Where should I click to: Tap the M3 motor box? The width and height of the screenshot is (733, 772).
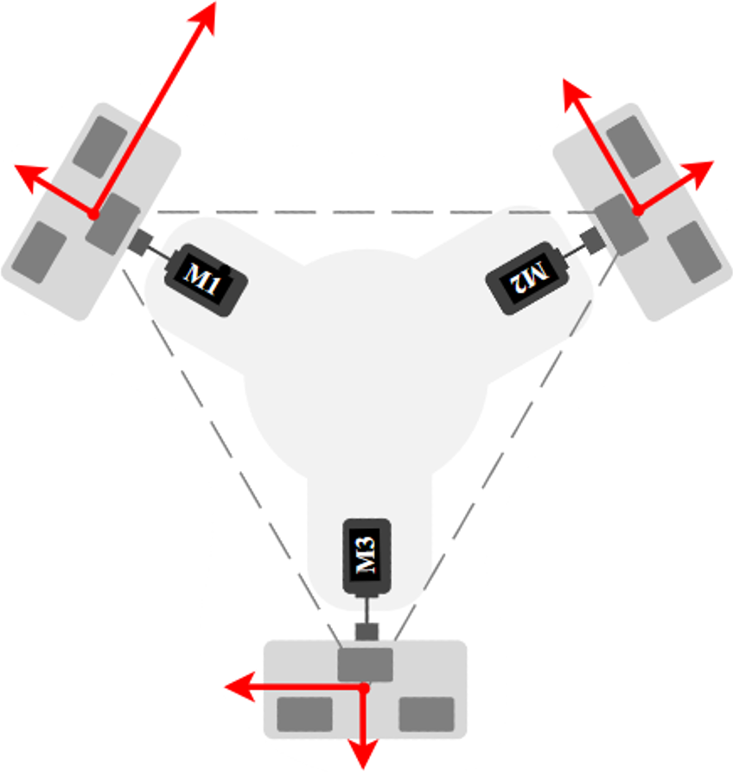click(x=368, y=557)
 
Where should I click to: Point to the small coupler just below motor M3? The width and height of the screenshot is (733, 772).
click(x=367, y=631)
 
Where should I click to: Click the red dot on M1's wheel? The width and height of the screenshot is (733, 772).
click(x=92, y=213)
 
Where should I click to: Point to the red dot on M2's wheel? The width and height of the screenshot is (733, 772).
click(x=637, y=209)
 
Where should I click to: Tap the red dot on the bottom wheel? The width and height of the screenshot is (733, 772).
click(x=364, y=688)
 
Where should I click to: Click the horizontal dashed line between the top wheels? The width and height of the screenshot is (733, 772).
click(x=363, y=211)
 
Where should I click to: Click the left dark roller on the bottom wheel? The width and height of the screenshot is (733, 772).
click(x=304, y=714)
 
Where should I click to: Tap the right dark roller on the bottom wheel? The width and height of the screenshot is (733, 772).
click(x=426, y=714)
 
